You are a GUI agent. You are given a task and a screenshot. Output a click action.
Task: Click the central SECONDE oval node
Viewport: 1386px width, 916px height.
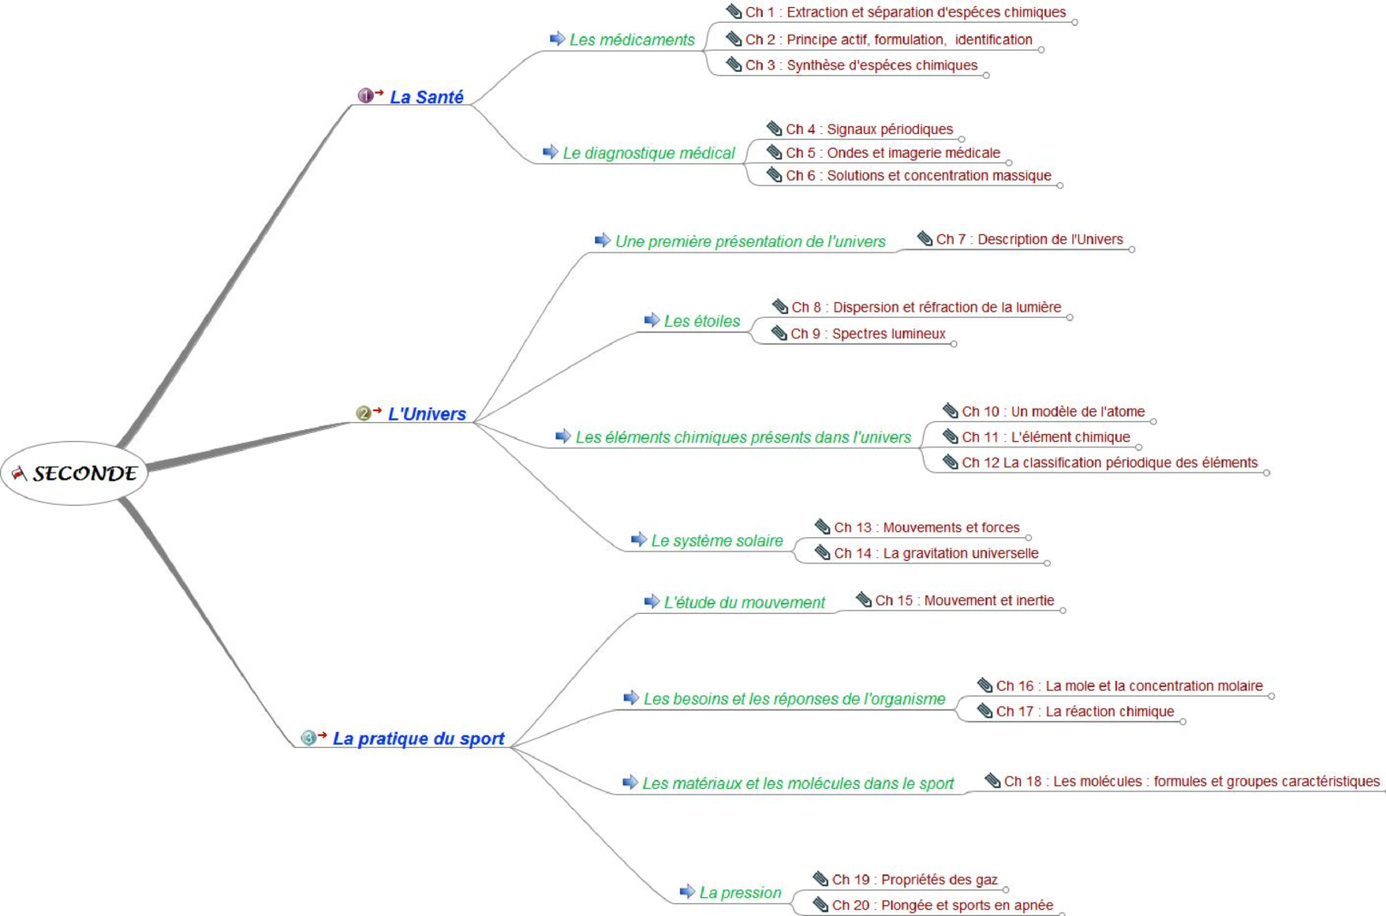(74, 473)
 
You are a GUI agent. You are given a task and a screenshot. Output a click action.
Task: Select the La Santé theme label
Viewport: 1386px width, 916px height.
(427, 97)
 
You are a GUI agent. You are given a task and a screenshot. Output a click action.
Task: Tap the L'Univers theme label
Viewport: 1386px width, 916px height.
(427, 413)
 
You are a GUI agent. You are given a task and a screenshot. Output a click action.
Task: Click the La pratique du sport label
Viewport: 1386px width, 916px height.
(418, 738)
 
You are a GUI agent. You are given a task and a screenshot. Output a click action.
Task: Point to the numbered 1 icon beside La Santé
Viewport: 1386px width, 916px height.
(365, 95)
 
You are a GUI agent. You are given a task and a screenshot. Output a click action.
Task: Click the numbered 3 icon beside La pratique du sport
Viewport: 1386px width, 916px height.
(308, 738)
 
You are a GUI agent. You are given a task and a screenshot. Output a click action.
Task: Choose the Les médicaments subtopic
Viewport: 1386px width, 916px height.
(632, 39)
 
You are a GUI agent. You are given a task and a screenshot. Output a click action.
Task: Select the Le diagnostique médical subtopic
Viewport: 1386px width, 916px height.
(648, 153)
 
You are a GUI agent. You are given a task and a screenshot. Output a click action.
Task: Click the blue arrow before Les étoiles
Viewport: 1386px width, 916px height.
(652, 320)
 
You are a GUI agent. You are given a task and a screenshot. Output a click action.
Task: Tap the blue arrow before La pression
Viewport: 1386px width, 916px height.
(687, 892)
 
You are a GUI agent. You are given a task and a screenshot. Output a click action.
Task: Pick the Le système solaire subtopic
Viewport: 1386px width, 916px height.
(716, 540)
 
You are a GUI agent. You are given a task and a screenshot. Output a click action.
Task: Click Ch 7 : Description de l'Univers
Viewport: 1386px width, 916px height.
(1029, 239)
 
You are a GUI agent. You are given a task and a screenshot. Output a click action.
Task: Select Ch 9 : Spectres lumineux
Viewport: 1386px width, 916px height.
(868, 334)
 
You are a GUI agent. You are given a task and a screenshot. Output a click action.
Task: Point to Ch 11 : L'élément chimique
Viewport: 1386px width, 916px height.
(1046, 437)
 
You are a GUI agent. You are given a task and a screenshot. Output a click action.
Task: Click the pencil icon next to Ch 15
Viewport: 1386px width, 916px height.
(864, 600)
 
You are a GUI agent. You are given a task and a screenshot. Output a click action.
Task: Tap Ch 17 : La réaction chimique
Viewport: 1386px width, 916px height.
(1085, 712)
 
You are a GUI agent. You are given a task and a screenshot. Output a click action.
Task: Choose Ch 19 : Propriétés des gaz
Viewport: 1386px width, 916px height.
(914, 880)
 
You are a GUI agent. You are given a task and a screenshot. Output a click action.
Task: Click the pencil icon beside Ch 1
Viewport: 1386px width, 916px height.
(734, 12)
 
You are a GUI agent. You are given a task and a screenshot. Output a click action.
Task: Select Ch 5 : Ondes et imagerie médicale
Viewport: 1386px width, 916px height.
(893, 153)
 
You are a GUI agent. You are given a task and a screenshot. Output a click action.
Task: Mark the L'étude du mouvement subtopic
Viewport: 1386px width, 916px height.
(744, 603)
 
